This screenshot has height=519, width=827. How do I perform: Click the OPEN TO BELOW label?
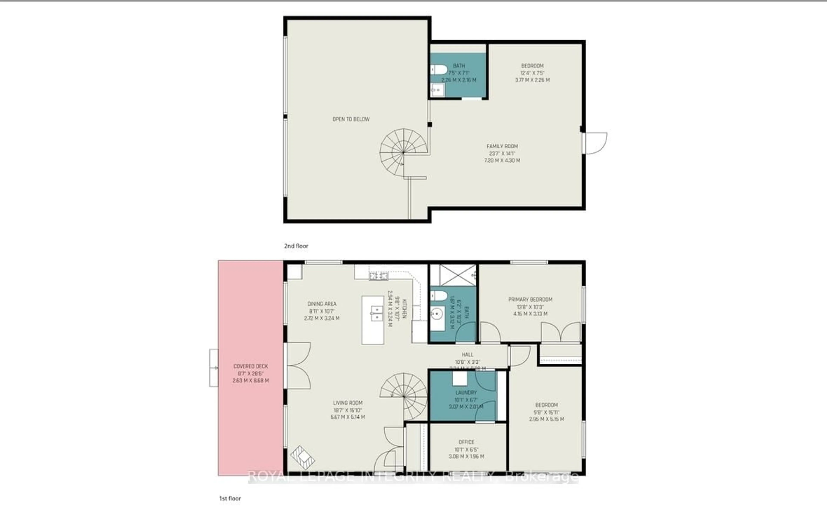(351, 119)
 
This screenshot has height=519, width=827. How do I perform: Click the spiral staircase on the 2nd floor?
(403, 152)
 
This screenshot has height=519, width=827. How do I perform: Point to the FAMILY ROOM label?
(502, 146)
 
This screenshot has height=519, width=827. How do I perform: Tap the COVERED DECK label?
(250, 366)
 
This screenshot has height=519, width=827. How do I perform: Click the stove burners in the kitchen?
(379, 275)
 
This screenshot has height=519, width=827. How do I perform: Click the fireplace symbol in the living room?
(302, 458)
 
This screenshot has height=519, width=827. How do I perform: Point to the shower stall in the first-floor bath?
(458, 275)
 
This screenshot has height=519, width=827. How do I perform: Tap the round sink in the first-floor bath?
(437, 313)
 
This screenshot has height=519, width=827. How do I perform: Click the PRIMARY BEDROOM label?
(530, 299)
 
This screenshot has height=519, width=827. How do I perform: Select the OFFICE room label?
(466, 442)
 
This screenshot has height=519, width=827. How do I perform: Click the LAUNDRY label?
(466, 392)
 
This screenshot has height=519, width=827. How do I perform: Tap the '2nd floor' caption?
(296, 246)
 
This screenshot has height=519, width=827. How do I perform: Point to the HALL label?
(467, 355)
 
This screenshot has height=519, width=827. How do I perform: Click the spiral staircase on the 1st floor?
(404, 396)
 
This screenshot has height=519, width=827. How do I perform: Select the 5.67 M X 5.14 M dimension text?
(347, 417)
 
